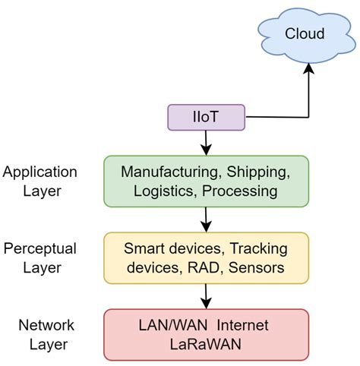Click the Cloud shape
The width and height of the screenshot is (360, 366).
click(305, 33)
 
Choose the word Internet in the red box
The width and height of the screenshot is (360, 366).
click(242, 325)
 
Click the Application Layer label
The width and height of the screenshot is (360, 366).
click(40, 181)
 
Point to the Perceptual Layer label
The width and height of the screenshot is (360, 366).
click(40, 258)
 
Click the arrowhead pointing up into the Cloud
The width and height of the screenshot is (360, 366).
click(308, 68)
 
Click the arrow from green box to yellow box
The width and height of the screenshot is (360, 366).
click(206, 220)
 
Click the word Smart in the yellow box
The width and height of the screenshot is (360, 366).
click(143, 249)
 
